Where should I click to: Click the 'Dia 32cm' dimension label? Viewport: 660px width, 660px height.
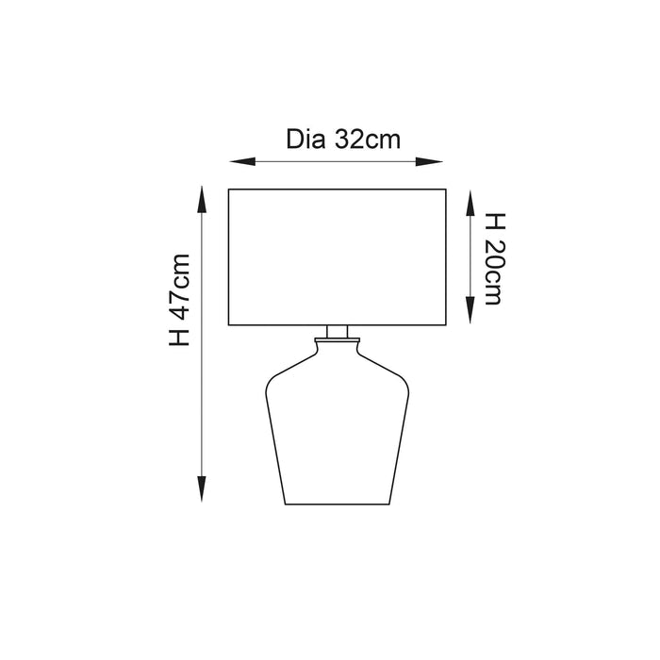[343, 140]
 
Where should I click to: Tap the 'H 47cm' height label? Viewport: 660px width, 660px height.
[180, 300]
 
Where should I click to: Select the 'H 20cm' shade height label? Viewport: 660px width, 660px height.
[495, 258]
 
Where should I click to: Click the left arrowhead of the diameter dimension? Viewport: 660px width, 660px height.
[242, 161]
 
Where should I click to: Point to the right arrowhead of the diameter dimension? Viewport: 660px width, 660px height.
[429, 161]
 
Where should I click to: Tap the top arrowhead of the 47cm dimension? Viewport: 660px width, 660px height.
[202, 200]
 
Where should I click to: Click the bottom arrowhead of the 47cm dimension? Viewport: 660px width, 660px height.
[202, 489]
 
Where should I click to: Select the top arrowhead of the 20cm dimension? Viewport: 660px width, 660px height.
[470, 203]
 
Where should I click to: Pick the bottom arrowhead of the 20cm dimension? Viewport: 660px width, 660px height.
[470, 310]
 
